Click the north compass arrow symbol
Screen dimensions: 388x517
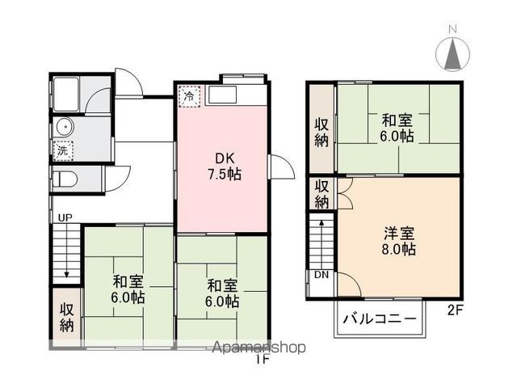(453, 54)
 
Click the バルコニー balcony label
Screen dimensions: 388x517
(377, 318)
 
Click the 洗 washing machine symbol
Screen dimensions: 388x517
(63, 150)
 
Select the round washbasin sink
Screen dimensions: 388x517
(64, 127)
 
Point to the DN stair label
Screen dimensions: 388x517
(322, 275)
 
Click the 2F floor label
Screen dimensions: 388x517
(456, 309)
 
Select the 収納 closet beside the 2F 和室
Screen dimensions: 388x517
(321, 132)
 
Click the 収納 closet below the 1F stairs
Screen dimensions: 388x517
(66, 318)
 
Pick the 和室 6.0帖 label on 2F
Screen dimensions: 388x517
(399, 128)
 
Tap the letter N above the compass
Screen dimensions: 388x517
(453, 30)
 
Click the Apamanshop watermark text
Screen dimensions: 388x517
(258, 348)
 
